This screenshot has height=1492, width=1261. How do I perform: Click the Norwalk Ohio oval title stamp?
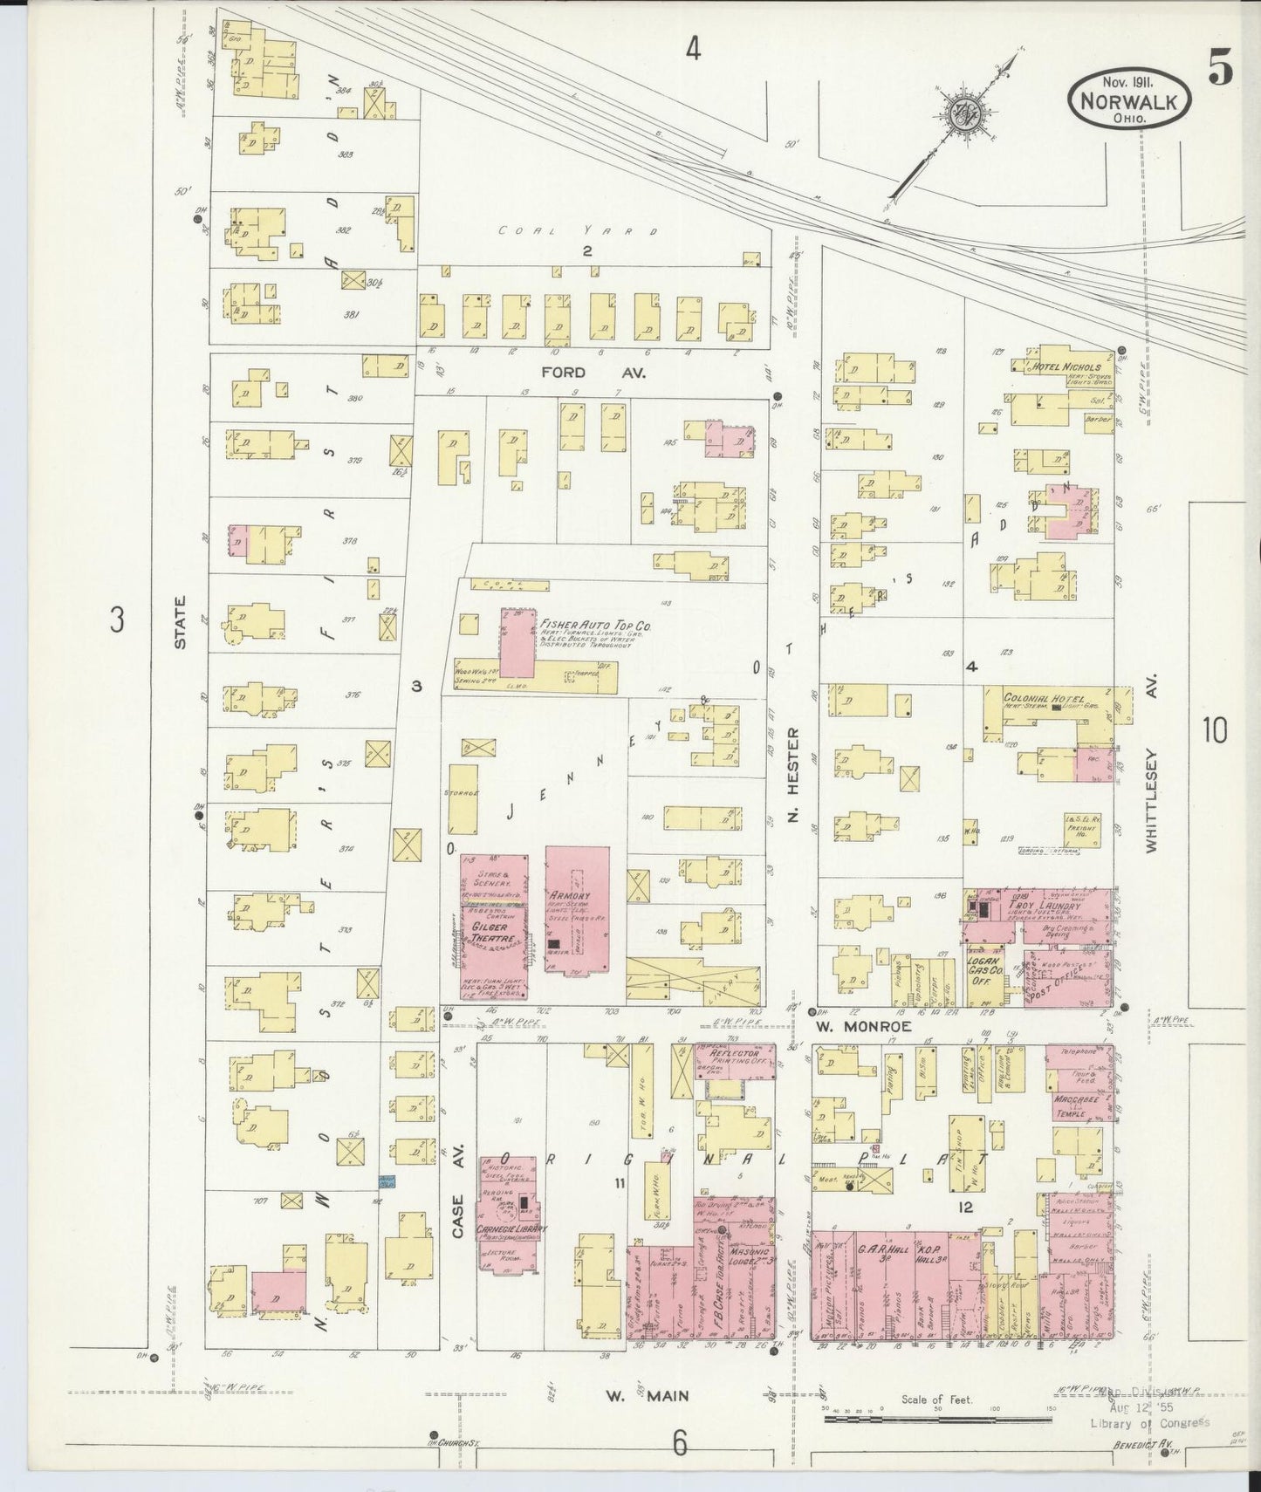pos(1127,98)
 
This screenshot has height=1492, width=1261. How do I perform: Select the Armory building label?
pos(572,896)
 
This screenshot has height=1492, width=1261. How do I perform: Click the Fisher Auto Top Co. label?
pos(595,626)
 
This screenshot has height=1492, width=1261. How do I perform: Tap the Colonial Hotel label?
pos(1044,700)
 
